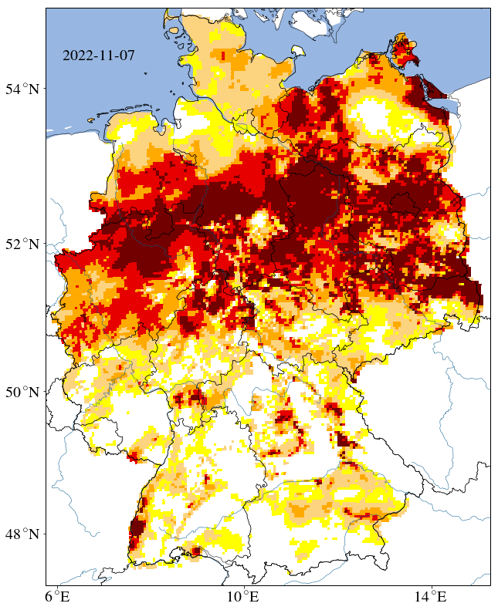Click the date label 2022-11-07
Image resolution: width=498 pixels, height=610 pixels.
pos(98,56)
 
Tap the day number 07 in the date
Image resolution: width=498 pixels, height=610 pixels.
pos(126,56)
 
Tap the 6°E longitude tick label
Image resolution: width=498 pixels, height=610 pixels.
pos(57,596)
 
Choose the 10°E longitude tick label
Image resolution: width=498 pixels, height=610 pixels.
pos(245,596)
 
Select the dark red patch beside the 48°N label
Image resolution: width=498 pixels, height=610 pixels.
pos(137,530)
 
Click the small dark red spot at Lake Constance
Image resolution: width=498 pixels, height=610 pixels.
pos(195,551)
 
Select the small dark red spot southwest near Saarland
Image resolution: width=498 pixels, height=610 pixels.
pos(132,459)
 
